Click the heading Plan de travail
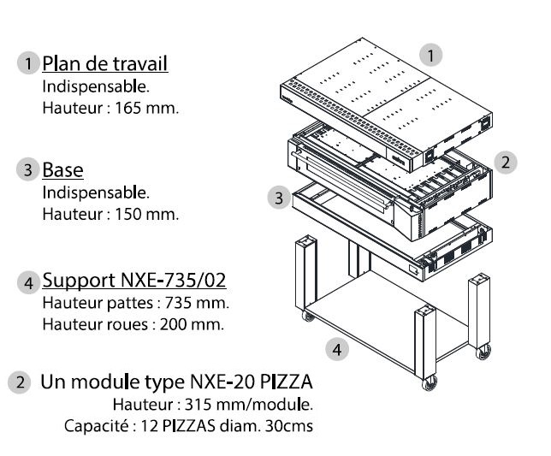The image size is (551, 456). tap(105, 63)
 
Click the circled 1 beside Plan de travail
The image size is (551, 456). tap(29, 64)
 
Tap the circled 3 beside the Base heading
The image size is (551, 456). tap(29, 169)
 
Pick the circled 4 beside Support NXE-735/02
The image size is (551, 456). tap(29, 281)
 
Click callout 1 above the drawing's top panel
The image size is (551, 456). tap(434, 56)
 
